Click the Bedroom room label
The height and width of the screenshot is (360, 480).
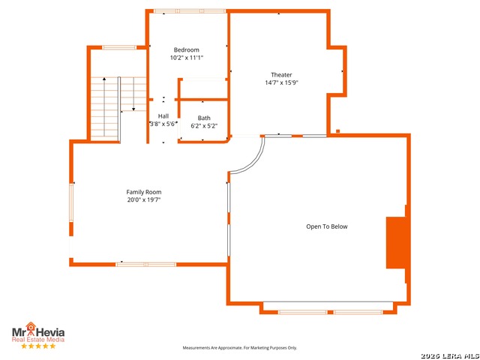click(187, 50)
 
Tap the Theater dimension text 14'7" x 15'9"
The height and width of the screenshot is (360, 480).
click(281, 82)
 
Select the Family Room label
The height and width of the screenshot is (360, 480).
click(144, 192)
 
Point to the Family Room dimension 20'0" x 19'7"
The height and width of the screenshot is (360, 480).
click(144, 200)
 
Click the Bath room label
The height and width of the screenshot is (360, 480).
click(204, 118)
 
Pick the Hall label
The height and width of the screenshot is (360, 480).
click(163, 116)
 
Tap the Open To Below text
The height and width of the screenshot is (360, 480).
click(327, 226)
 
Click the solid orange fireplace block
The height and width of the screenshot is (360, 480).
click(398, 243)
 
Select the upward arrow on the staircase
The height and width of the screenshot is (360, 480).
click(104, 107)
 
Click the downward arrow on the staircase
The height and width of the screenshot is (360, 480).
click(133, 94)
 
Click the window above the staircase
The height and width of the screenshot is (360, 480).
click(119, 47)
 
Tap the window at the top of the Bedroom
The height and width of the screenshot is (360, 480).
click(190, 11)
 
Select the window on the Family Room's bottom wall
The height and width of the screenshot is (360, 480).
click(146, 265)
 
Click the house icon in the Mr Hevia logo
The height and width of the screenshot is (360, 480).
click(31, 327)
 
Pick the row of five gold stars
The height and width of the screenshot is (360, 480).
click(38, 346)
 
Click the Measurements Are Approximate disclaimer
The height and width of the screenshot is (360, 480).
click(240, 348)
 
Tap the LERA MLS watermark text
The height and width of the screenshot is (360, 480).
click(450, 355)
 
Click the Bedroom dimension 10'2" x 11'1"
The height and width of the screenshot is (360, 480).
click(187, 58)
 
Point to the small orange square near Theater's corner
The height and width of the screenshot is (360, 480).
click(338, 131)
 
